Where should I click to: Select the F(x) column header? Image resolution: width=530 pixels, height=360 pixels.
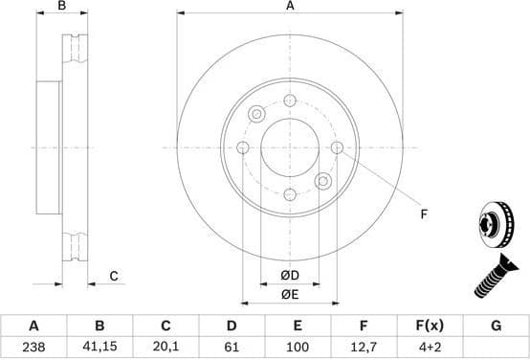click(430, 326)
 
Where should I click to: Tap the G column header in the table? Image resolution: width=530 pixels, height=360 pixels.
click(496, 326)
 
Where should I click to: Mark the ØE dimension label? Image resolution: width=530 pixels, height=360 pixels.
click(289, 294)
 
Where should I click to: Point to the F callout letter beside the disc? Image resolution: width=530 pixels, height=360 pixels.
click(423, 215)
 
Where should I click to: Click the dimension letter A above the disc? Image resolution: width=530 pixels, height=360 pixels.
click(289, 7)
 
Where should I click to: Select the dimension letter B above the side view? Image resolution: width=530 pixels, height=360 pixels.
click(62, 7)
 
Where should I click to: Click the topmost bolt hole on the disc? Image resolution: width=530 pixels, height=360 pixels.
click(289, 101)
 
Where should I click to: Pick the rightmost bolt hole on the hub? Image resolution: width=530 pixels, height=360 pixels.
click(337, 147)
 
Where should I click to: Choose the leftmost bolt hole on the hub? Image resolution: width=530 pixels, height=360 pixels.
click(242, 147)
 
